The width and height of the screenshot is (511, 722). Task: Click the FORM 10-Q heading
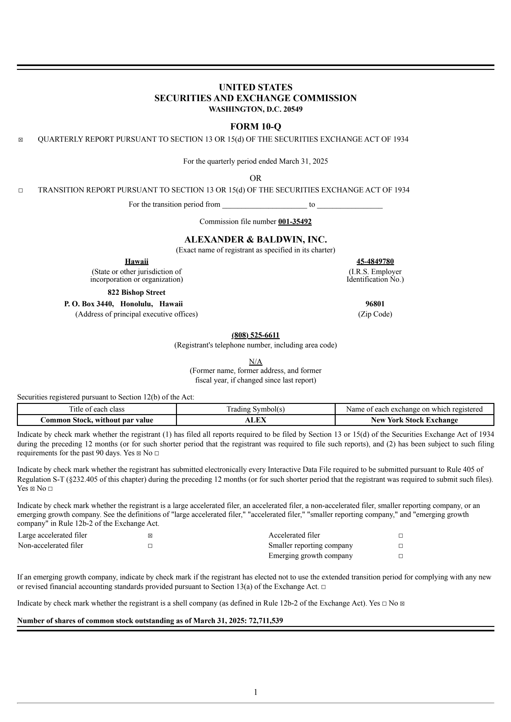[256, 127]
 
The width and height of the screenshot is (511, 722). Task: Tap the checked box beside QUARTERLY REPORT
[21, 140]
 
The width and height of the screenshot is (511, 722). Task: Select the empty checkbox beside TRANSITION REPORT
[21, 190]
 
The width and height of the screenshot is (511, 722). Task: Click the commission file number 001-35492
[295, 221]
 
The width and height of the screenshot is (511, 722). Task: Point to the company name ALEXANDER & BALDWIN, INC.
[256, 239]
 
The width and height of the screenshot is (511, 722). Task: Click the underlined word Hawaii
[136, 262]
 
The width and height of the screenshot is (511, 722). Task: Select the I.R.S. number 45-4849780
[375, 262]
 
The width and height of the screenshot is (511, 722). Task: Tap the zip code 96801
[375, 304]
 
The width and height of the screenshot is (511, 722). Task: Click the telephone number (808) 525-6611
[256, 335]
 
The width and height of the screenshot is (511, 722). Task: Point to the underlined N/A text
[256, 361]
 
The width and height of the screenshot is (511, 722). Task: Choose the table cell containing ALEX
[256, 420]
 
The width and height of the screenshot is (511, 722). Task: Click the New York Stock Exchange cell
[414, 420]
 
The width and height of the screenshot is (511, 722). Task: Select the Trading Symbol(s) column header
[256, 409]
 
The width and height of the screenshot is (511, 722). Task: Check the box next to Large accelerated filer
[150, 536]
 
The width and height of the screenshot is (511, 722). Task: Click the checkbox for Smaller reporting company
[400, 546]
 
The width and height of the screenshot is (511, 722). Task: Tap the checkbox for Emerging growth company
[400, 556]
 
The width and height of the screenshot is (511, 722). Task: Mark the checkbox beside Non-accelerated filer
[150, 546]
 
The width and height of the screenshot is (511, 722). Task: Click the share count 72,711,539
[265, 621]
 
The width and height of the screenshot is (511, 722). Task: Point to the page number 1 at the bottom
[256, 692]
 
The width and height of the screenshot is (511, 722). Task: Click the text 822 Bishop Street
[136, 292]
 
